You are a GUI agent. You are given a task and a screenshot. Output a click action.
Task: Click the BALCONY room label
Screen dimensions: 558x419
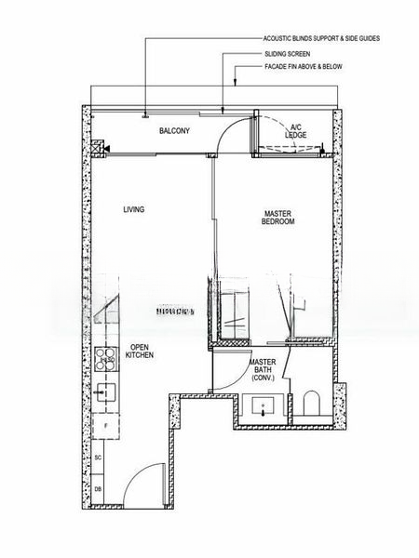pos(174,131)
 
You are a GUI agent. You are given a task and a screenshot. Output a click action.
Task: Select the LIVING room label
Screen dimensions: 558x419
pos(134,209)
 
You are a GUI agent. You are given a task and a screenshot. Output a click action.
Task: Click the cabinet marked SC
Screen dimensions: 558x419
pos(98,459)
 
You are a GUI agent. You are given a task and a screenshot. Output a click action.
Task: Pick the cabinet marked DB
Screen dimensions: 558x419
pos(98,489)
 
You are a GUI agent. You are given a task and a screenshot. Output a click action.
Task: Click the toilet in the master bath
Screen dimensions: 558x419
pos(312,404)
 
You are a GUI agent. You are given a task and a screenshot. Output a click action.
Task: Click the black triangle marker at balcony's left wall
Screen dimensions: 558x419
pos(107,148)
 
